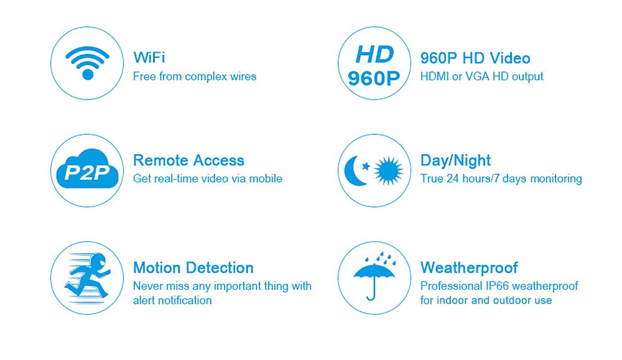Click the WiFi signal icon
[87, 63]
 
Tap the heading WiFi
[149, 57]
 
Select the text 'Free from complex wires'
[194, 76]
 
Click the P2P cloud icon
[87, 169]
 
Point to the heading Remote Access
[188, 160]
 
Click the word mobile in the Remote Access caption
[266, 178]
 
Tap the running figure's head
[98, 261]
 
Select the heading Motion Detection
[193, 267]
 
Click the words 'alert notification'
[172, 300]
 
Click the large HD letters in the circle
[374, 54]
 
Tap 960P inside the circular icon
[374, 78]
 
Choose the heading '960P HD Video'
[475, 58]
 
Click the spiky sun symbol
[388, 170]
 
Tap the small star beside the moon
[366, 166]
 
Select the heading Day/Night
[455, 160]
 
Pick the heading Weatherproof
[469, 267]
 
